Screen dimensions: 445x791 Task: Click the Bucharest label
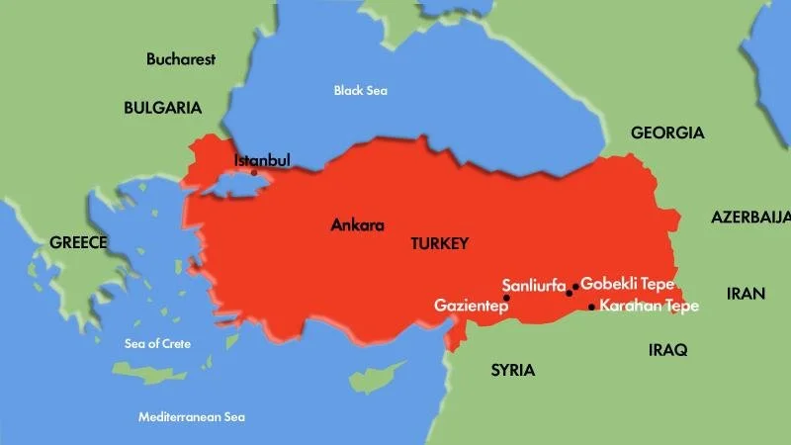(x=181, y=59)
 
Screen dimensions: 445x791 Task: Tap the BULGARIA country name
(x=162, y=108)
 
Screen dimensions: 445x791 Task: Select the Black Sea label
(x=360, y=91)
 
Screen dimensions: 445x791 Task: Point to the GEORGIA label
(x=667, y=133)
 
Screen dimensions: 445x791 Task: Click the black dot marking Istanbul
(x=254, y=173)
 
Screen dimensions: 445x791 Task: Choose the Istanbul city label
(x=261, y=160)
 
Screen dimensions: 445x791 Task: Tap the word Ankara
(x=357, y=224)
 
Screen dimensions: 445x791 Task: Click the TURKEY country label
(x=439, y=243)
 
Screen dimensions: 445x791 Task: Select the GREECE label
(x=78, y=242)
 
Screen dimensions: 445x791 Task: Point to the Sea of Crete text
(x=157, y=344)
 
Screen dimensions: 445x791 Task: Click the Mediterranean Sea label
(x=192, y=416)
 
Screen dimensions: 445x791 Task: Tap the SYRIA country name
(x=512, y=371)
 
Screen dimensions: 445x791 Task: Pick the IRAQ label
(x=667, y=350)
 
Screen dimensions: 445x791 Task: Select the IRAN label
(x=747, y=294)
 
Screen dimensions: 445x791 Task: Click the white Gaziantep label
(x=471, y=307)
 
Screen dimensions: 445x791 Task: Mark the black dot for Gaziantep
(x=506, y=298)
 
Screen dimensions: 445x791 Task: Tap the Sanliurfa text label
(x=533, y=285)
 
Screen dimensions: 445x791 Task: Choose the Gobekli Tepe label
(x=628, y=284)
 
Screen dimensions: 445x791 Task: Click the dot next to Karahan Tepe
(x=591, y=307)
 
